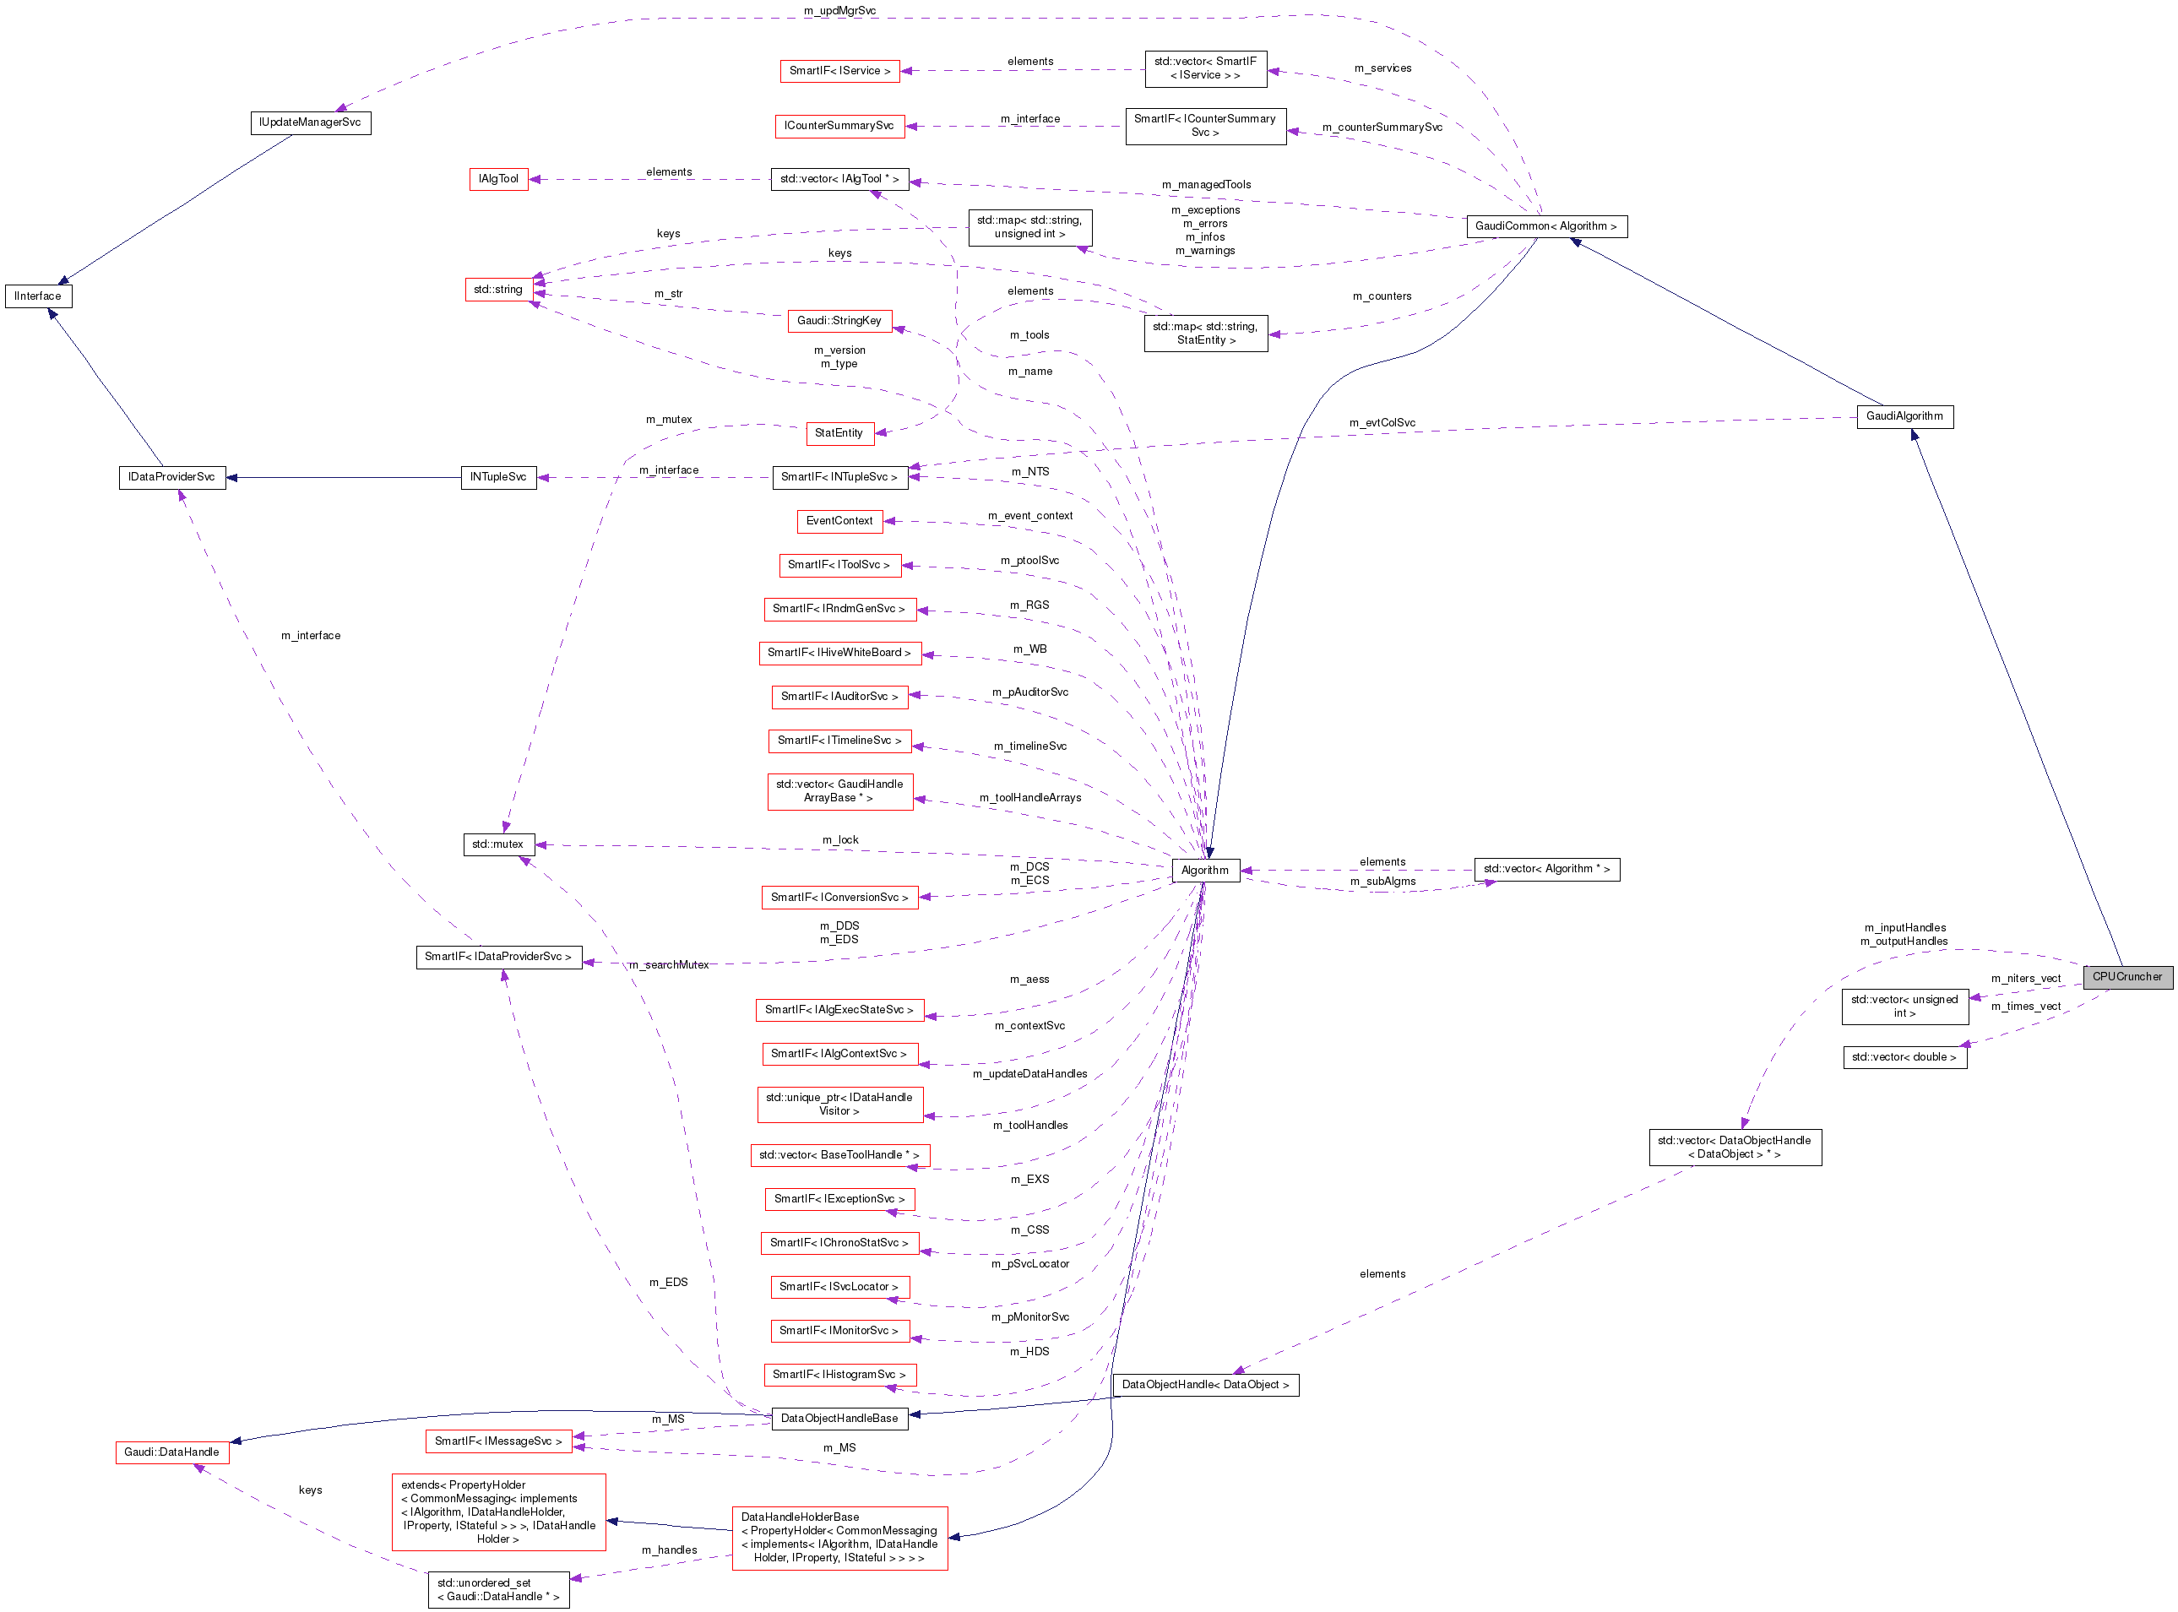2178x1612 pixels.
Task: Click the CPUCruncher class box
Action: point(2126,976)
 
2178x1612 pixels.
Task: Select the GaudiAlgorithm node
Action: point(1904,415)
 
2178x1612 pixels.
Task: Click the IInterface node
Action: point(38,296)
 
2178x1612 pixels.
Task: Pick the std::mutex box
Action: point(497,844)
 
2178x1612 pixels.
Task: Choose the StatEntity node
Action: point(839,432)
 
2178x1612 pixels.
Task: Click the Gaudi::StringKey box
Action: point(839,320)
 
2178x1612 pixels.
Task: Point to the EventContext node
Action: point(839,520)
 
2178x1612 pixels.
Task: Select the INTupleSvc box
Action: point(497,476)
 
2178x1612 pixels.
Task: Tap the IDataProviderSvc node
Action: point(171,476)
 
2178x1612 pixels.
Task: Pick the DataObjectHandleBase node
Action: point(839,1418)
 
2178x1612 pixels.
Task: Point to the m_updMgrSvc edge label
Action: point(839,11)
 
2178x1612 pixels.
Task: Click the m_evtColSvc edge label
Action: point(1382,422)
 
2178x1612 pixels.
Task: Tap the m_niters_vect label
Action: point(2026,978)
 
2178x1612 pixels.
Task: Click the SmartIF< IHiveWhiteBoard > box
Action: point(839,652)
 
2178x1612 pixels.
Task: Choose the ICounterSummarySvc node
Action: point(839,125)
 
